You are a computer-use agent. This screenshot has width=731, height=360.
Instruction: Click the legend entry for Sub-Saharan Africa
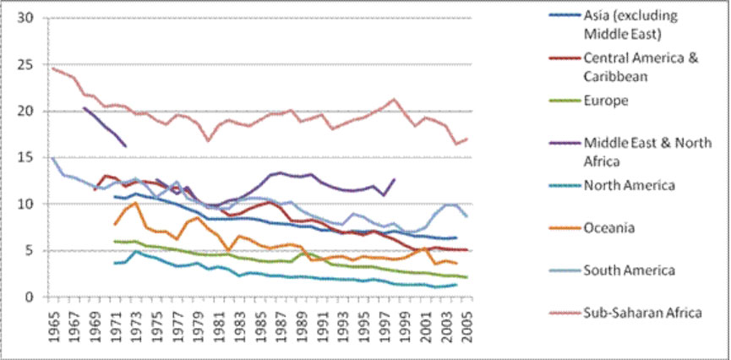tap(642, 313)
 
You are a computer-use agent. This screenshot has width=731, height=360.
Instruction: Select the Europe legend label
tap(603, 100)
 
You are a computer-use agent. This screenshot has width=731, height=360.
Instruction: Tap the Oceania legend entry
tap(609, 227)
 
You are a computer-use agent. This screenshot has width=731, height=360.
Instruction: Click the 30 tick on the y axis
tap(25, 19)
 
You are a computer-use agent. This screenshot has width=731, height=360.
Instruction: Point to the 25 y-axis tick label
tap(25, 65)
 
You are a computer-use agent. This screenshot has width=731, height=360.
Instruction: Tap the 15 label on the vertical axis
tap(25, 158)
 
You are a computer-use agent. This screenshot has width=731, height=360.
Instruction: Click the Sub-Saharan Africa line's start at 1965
tap(53, 68)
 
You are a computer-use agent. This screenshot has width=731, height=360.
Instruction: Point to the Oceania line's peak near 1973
tap(135, 203)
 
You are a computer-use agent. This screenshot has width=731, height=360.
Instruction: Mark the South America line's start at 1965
tap(53, 158)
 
